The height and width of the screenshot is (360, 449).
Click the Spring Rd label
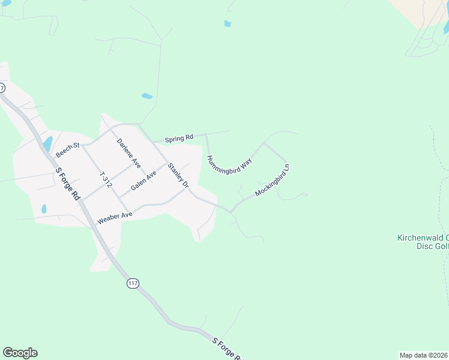(x=181, y=137)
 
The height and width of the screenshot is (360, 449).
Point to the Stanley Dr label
(x=178, y=175)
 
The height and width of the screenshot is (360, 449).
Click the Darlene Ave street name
(x=128, y=153)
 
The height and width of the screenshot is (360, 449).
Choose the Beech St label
(x=67, y=150)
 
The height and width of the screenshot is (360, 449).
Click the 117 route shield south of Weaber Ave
(x=133, y=283)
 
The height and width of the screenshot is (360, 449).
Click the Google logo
(x=20, y=353)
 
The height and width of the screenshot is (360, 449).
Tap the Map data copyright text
(x=423, y=355)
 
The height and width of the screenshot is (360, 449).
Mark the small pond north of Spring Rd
(x=146, y=96)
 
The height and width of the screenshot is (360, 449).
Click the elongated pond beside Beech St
(x=47, y=143)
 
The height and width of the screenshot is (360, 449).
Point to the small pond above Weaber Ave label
(x=44, y=209)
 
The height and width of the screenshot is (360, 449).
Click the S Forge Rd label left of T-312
(x=67, y=182)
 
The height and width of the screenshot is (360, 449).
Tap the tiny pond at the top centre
(x=228, y=24)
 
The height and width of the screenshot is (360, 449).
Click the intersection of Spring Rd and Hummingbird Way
(x=206, y=135)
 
